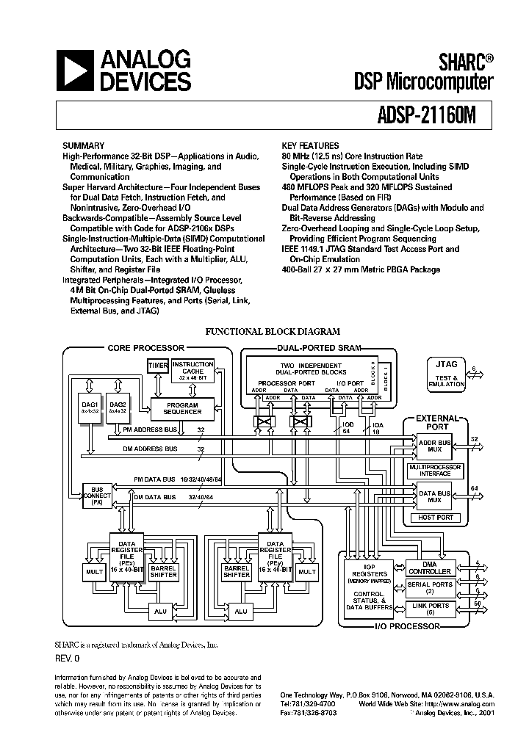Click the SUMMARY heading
[83, 146]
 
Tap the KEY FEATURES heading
[310, 146]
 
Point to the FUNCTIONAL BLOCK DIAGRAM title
[272, 332]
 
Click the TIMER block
[158, 366]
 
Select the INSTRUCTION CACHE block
[192, 369]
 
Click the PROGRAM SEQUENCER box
[182, 408]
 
